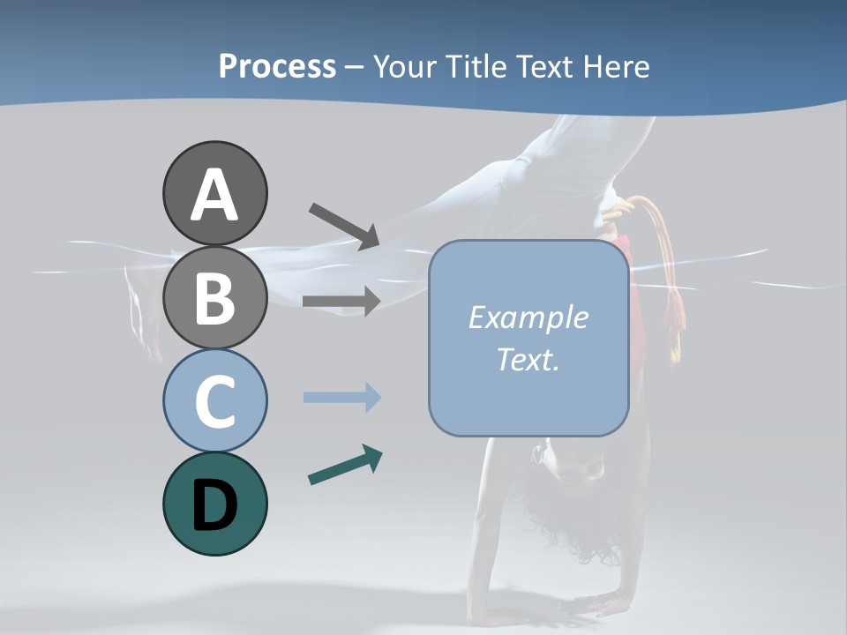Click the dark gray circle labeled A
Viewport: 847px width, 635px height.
214,193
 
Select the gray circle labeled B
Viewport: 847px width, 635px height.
214,297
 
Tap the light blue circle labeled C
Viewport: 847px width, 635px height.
214,400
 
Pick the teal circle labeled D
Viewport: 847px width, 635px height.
214,504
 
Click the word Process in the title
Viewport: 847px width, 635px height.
278,66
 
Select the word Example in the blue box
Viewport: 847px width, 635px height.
528,317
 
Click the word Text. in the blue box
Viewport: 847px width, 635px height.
528,359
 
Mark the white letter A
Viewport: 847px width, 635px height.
214,195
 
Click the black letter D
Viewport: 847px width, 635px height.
214,505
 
